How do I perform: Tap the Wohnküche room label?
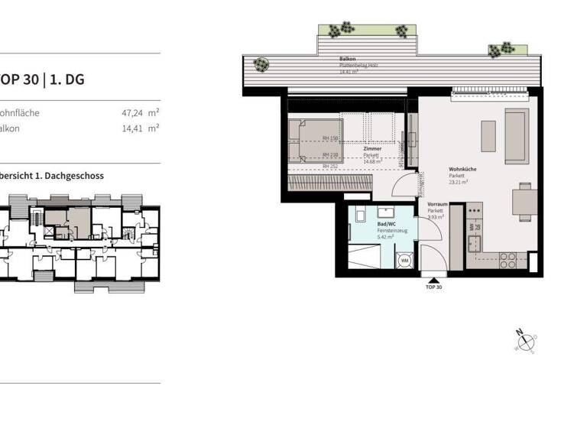pos(463,170)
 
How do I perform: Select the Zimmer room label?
pos(373,148)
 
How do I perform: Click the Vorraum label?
pos(437,204)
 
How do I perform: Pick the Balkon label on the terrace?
pos(348,60)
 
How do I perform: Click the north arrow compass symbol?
pos(527,339)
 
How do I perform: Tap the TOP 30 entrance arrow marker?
pos(433,280)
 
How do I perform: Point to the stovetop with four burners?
pos(507,261)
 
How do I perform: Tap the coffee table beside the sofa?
pos(488,136)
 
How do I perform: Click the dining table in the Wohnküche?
pos(524,201)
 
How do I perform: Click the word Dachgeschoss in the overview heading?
pos(76,176)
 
